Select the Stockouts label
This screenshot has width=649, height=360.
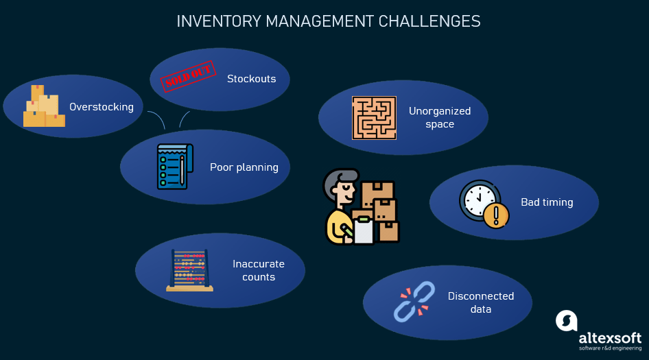[x=251, y=79]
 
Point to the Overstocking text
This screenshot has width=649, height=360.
[x=102, y=107]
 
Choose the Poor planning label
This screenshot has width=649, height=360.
[x=244, y=167]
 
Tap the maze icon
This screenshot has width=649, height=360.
[x=375, y=117]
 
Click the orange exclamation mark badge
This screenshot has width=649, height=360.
[x=495, y=216]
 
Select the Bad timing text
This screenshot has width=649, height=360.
[x=547, y=202]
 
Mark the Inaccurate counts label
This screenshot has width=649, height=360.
[x=258, y=270]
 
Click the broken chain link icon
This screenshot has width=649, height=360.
[x=414, y=302]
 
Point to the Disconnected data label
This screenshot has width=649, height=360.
[x=480, y=302]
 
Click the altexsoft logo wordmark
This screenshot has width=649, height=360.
[x=610, y=338]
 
